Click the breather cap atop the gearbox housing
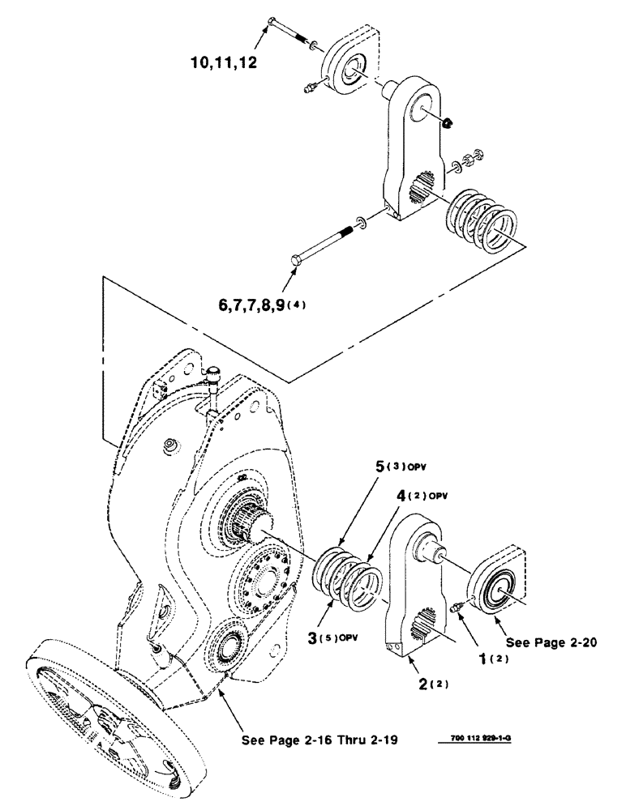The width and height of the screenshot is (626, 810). pos(215,375)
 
